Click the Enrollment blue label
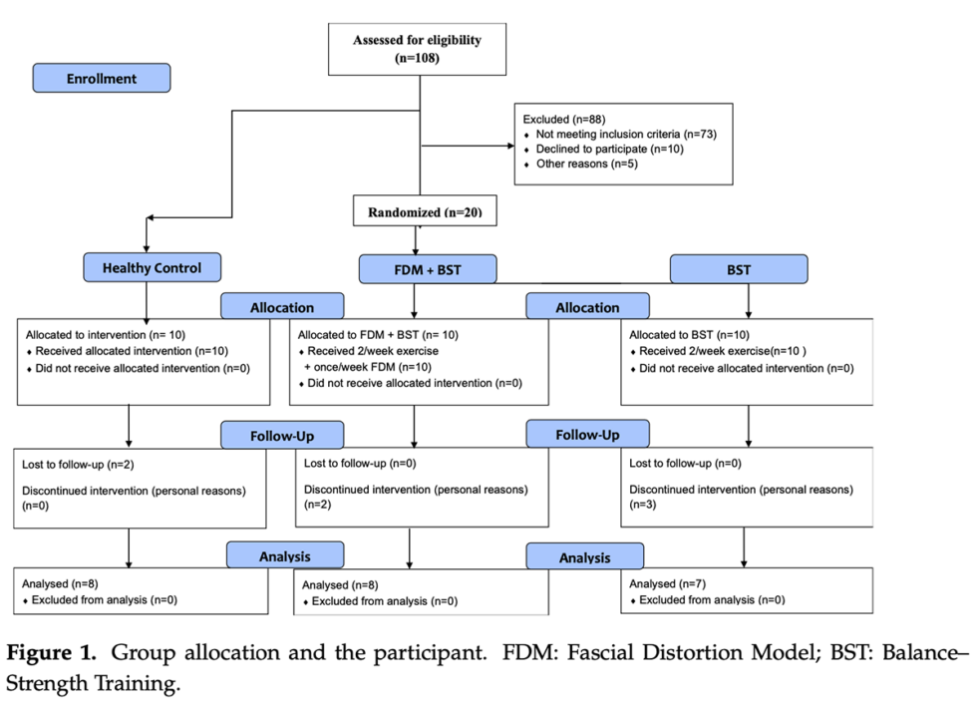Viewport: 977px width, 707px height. (102, 78)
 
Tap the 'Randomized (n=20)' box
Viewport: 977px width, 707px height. (424, 212)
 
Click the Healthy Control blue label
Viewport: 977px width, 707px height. (152, 267)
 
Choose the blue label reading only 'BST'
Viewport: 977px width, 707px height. (739, 269)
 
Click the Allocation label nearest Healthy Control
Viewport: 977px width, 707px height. (282, 307)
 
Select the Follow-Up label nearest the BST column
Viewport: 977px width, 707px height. (587, 435)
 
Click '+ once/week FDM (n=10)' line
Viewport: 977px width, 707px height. (369, 367)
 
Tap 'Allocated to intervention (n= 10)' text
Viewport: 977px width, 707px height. (106, 335)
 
